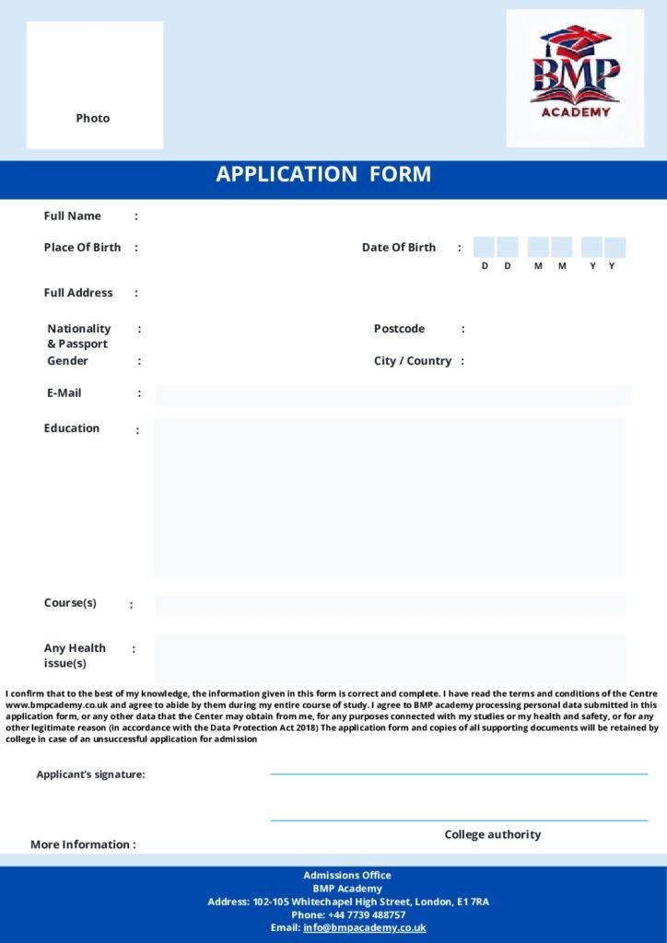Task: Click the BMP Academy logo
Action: click(x=575, y=77)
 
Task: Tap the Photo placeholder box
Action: click(x=94, y=85)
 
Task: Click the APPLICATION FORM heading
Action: click(x=323, y=174)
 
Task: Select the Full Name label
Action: click(x=73, y=215)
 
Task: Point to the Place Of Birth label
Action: click(x=82, y=247)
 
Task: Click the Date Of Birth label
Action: click(x=399, y=247)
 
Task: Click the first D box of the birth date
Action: click(x=484, y=247)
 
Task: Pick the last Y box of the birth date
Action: click(x=615, y=247)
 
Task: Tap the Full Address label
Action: click(x=78, y=293)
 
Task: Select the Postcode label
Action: click(x=399, y=329)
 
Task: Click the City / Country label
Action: click(x=412, y=361)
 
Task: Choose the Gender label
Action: click(x=67, y=361)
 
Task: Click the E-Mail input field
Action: click(x=392, y=395)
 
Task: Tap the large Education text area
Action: click(x=390, y=497)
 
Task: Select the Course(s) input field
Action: click(x=390, y=605)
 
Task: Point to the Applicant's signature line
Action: click(x=459, y=774)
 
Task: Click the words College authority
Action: click(x=493, y=834)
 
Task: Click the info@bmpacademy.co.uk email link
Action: click(x=364, y=927)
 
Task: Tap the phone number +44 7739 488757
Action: click(x=367, y=914)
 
